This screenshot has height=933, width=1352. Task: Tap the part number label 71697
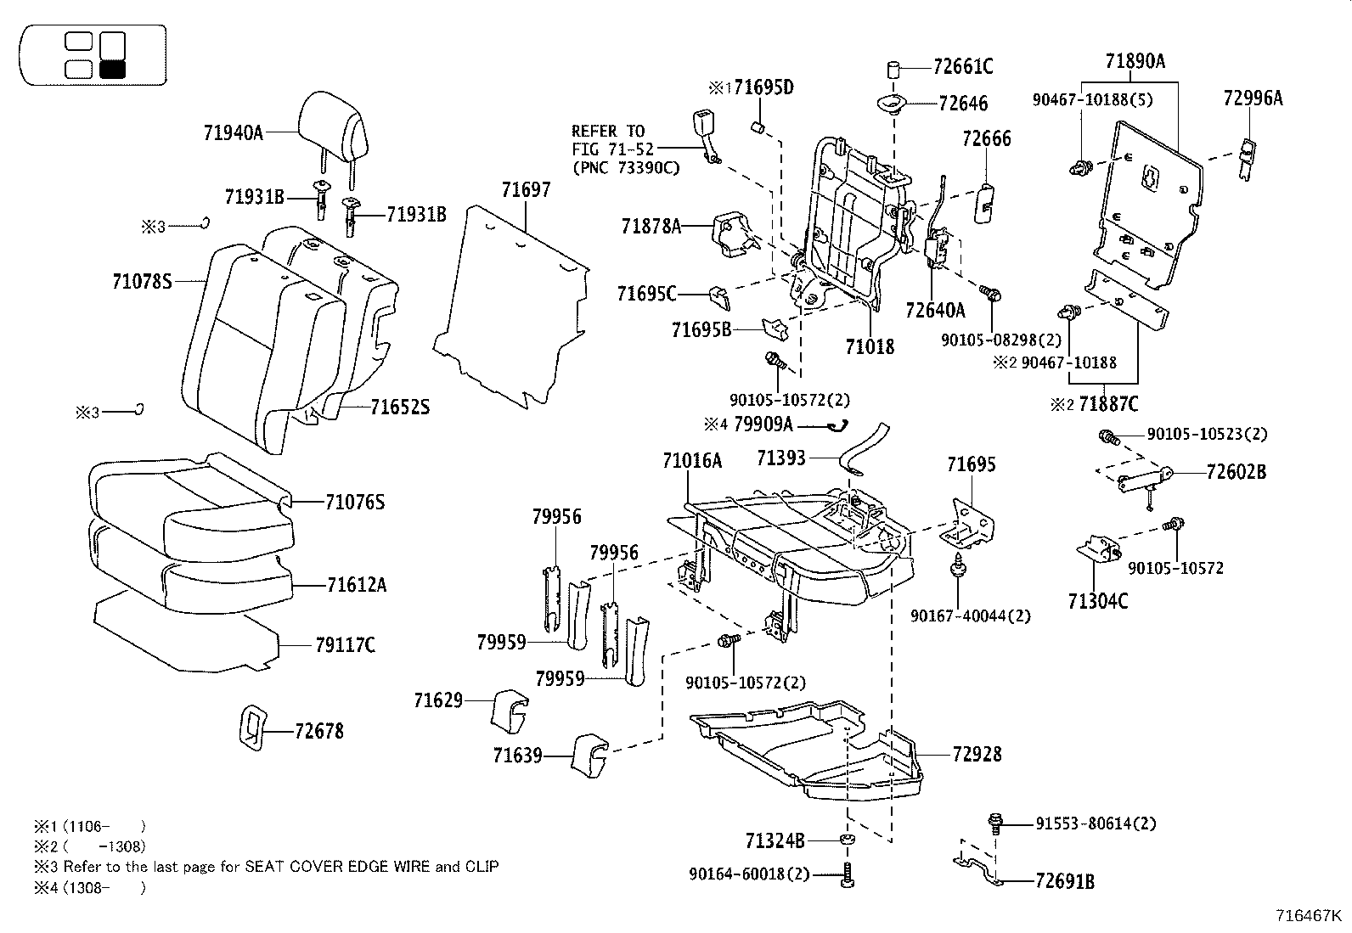pos(525,190)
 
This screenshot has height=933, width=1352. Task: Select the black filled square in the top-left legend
pos(112,70)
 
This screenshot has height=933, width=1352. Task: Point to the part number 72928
pos(977,754)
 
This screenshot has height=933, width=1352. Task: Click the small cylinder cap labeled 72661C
pos(893,69)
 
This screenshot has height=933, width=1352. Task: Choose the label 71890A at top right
pos(1135,61)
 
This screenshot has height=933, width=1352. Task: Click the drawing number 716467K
pos(1309,916)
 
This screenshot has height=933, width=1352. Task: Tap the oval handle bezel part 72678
pos(251,728)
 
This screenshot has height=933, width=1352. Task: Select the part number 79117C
pos(345,645)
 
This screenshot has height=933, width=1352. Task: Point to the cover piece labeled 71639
pos(589,753)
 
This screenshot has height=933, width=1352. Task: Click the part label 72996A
pos(1253,98)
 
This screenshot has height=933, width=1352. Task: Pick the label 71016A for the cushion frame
pos(692,461)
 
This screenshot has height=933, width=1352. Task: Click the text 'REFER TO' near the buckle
pos(608,131)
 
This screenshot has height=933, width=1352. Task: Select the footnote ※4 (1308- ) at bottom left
pos(89,888)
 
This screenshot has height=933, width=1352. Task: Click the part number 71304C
pos(1098,601)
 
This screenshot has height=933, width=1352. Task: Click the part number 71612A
pos(357,584)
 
